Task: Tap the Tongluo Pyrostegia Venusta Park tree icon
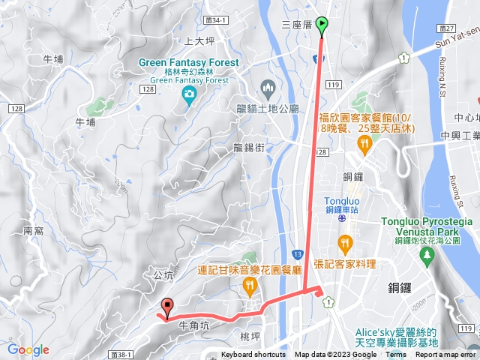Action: [x=427, y=256]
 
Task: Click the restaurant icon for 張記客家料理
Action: [x=344, y=242]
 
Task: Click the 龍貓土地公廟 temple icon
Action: [x=268, y=88]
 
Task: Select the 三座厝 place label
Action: [x=296, y=25]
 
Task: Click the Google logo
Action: [x=28, y=349]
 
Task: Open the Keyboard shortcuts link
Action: [x=253, y=355]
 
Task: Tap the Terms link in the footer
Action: [x=396, y=355]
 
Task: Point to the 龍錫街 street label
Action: [x=250, y=147]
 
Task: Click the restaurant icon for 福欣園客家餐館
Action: [x=364, y=142]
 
